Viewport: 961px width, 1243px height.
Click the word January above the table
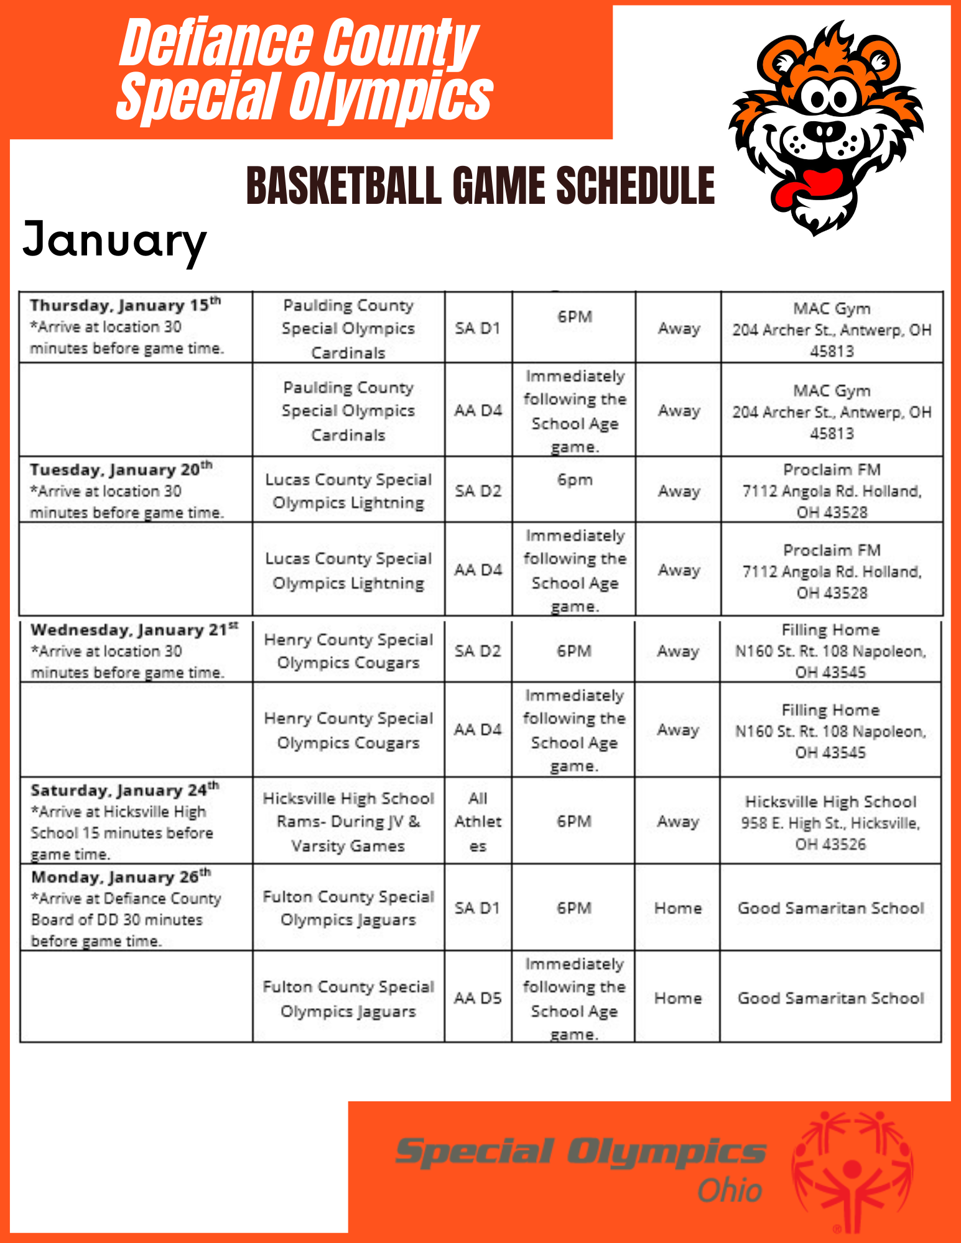(114, 242)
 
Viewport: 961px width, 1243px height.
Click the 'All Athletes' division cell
(478, 821)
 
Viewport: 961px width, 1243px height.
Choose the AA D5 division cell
(478, 998)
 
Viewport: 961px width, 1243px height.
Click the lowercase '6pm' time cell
(575, 480)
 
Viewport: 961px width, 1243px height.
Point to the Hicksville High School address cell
(830, 822)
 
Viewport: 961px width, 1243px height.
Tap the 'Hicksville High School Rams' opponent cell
(348, 821)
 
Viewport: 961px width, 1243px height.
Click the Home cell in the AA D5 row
(677, 998)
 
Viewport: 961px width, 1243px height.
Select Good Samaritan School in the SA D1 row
(830, 908)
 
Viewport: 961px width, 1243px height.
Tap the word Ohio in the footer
(730, 1191)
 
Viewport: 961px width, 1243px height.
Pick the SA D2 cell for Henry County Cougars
(478, 651)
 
